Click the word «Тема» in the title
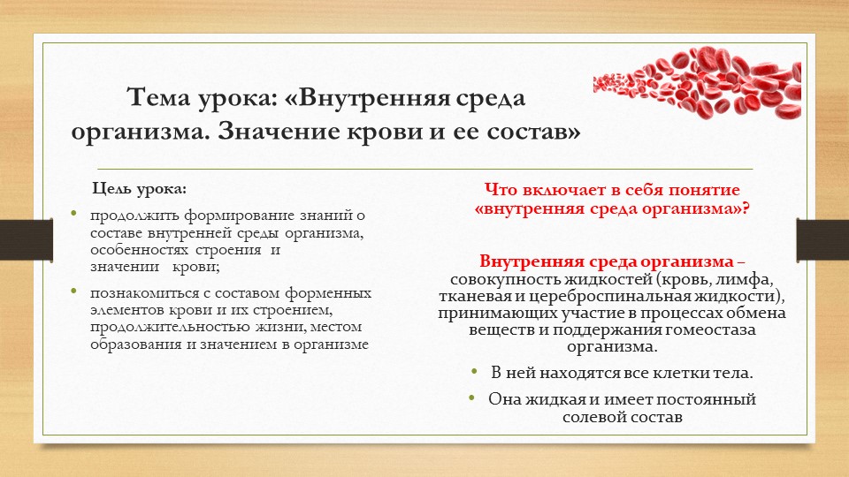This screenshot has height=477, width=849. [160, 96]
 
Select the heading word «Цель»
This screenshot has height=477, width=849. [114, 189]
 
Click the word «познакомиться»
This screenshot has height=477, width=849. [140, 292]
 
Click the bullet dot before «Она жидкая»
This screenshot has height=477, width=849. [475, 397]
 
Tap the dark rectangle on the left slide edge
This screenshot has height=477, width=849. [17, 238]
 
